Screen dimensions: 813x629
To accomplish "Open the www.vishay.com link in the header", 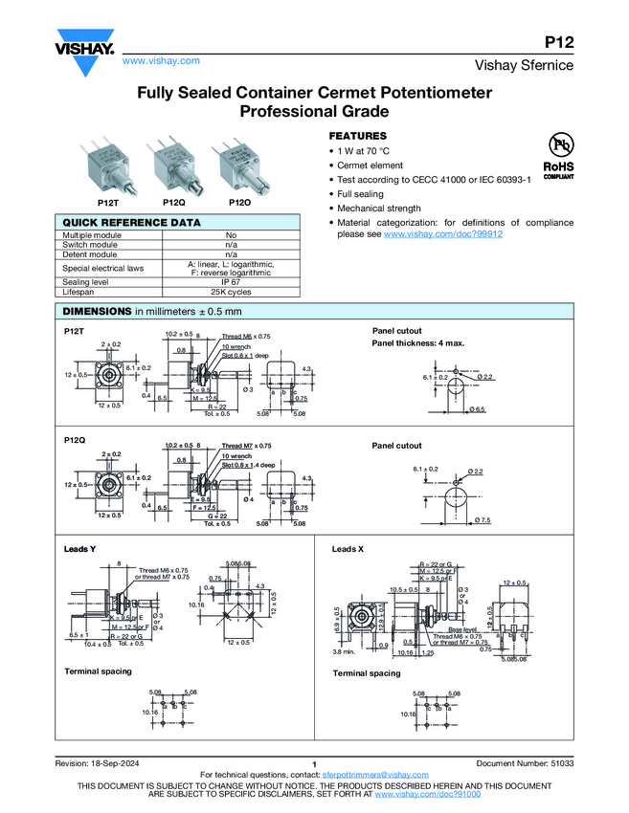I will (161, 60).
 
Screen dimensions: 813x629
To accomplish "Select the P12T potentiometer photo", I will (108, 167).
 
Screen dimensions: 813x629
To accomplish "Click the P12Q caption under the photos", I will (173, 203).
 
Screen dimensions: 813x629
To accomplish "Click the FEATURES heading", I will (358, 136).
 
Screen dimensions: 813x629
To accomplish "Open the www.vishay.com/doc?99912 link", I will (443, 233).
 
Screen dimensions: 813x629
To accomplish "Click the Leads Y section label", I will (79, 550).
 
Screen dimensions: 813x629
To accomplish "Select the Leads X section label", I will (348, 550).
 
